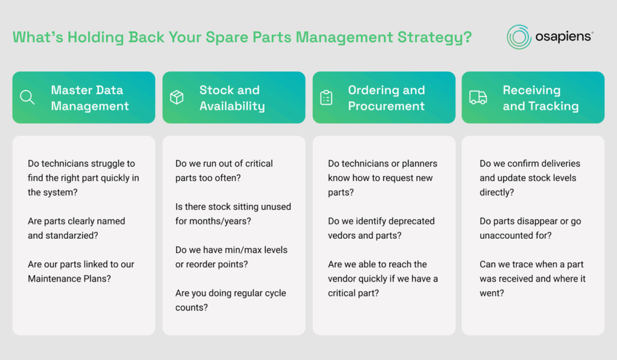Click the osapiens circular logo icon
[519, 37]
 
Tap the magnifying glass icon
[27, 97]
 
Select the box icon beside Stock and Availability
[177, 97]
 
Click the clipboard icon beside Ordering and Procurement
[326, 98]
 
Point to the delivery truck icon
[478, 97]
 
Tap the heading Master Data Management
[90, 98]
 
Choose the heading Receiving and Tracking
[540, 98]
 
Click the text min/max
[243, 250]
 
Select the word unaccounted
[503, 235]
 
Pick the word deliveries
[561, 163]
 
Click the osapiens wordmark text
[563, 37]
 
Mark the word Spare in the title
[227, 38]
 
